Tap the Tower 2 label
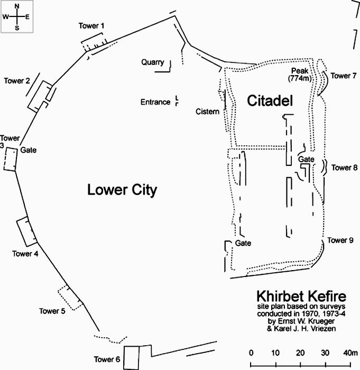(x=17, y=81)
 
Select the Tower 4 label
(x=25, y=253)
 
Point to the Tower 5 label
(x=52, y=311)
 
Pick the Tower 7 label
(x=344, y=76)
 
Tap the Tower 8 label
(x=344, y=168)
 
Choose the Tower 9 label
(x=340, y=240)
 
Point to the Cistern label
(x=207, y=112)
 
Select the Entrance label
(x=155, y=102)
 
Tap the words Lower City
(x=122, y=190)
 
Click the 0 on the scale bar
(x=251, y=353)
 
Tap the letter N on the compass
(x=17, y=7)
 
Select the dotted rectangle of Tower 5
(x=70, y=298)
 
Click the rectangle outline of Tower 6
(x=133, y=358)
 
